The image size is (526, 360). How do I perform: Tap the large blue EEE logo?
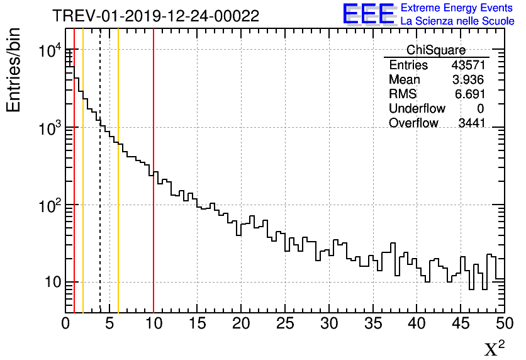click(x=369, y=14)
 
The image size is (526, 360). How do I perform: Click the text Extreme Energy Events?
click(x=457, y=8)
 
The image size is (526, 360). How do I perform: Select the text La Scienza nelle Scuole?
click(x=457, y=21)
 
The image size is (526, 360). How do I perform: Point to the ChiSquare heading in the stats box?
click(x=436, y=50)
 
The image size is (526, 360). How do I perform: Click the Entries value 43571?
click(x=468, y=65)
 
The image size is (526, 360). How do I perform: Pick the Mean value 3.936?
click(x=471, y=80)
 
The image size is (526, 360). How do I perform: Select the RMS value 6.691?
click(x=471, y=94)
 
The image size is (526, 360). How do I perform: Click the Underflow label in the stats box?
click(x=417, y=109)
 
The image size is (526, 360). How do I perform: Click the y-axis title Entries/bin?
click(x=14, y=70)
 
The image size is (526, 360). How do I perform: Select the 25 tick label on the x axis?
click(x=285, y=323)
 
